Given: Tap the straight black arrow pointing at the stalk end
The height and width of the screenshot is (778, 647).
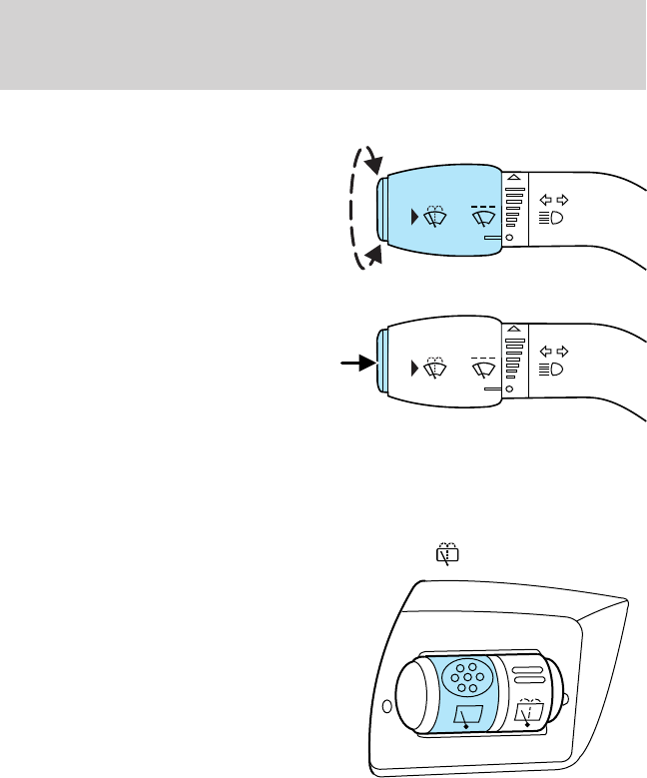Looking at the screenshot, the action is [x=355, y=365].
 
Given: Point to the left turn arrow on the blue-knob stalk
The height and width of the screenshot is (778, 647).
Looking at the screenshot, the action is [x=543, y=199].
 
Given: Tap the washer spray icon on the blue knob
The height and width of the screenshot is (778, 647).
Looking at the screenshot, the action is [x=436, y=218].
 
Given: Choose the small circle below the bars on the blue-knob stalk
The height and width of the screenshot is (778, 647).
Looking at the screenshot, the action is [x=509, y=238].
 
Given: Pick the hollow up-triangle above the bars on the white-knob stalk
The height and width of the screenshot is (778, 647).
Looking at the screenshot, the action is [x=514, y=329].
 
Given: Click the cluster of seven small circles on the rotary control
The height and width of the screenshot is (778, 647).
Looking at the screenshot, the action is [x=467, y=679].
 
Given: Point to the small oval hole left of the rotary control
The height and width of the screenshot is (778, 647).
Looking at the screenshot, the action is [x=386, y=710].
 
